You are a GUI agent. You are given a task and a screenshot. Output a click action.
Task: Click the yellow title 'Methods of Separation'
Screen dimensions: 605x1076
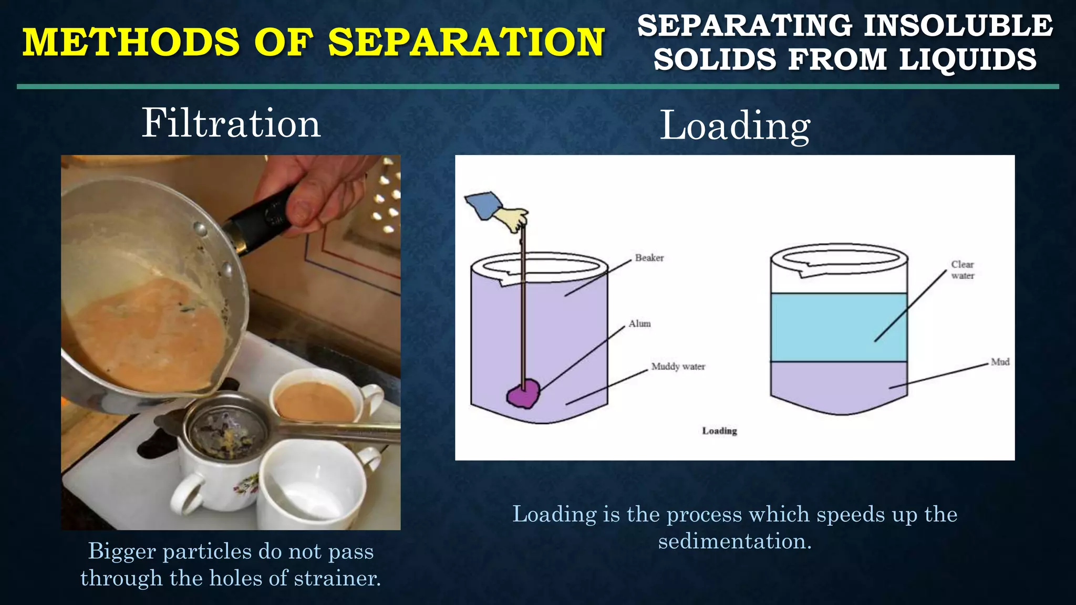[x=314, y=42]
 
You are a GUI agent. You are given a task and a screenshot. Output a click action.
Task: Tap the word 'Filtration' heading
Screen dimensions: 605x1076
[x=231, y=123]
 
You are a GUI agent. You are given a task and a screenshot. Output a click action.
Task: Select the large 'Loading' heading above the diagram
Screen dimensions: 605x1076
[x=734, y=126]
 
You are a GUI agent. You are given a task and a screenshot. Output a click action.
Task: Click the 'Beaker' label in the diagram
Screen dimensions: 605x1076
[x=649, y=258]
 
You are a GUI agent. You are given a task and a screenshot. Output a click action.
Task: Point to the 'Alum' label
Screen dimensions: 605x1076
[x=639, y=324]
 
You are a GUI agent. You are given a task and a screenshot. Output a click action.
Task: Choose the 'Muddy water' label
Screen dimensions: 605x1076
[x=678, y=367]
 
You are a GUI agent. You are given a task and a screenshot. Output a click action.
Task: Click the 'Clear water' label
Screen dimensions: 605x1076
[x=963, y=270]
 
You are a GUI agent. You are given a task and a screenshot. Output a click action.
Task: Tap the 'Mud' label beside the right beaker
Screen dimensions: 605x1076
[x=1000, y=362]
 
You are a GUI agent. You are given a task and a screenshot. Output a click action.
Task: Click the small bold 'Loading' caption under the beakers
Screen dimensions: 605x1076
[x=719, y=431]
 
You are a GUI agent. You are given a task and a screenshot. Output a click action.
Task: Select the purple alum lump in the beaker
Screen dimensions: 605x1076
[x=523, y=393]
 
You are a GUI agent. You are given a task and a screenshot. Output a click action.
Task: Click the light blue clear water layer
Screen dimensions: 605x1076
[x=839, y=327]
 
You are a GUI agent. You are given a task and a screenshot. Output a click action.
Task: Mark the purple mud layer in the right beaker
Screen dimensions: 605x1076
[x=839, y=386]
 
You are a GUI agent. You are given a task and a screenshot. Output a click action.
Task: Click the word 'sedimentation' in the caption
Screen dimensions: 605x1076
[x=734, y=541]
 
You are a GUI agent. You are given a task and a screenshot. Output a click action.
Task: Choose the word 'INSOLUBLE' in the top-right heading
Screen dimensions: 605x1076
[x=958, y=26]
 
